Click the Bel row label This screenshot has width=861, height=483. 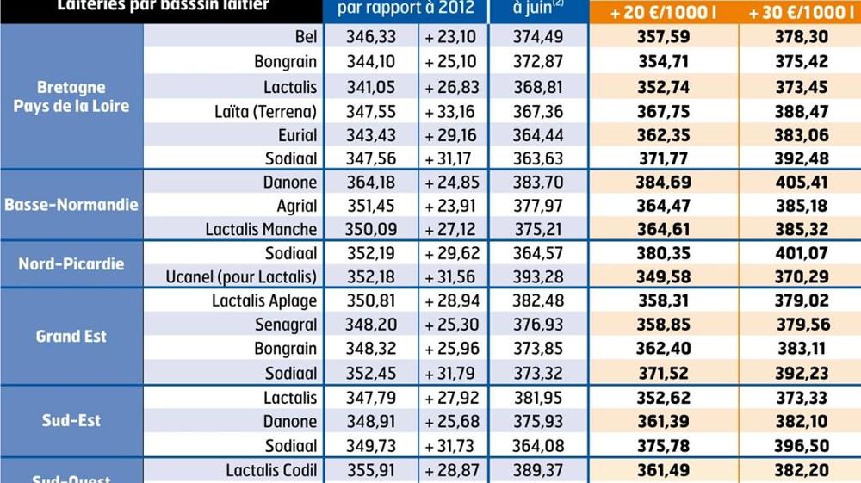tap(306, 39)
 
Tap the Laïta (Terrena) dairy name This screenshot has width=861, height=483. tap(266, 111)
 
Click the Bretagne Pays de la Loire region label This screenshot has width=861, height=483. tap(71, 97)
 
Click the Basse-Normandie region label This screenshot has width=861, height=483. tap(71, 206)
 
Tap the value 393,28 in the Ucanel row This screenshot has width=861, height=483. tap(538, 277)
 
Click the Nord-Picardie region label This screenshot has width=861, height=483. tap(71, 264)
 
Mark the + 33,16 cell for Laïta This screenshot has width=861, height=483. tap(453, 111)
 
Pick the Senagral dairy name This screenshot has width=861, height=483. tap(286, 325)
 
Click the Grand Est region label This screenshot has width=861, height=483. tap(71, 336)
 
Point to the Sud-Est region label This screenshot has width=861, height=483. tap(71, 421)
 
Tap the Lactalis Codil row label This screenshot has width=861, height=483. tap(271, 471)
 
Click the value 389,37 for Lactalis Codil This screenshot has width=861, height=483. tap(538, 471)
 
